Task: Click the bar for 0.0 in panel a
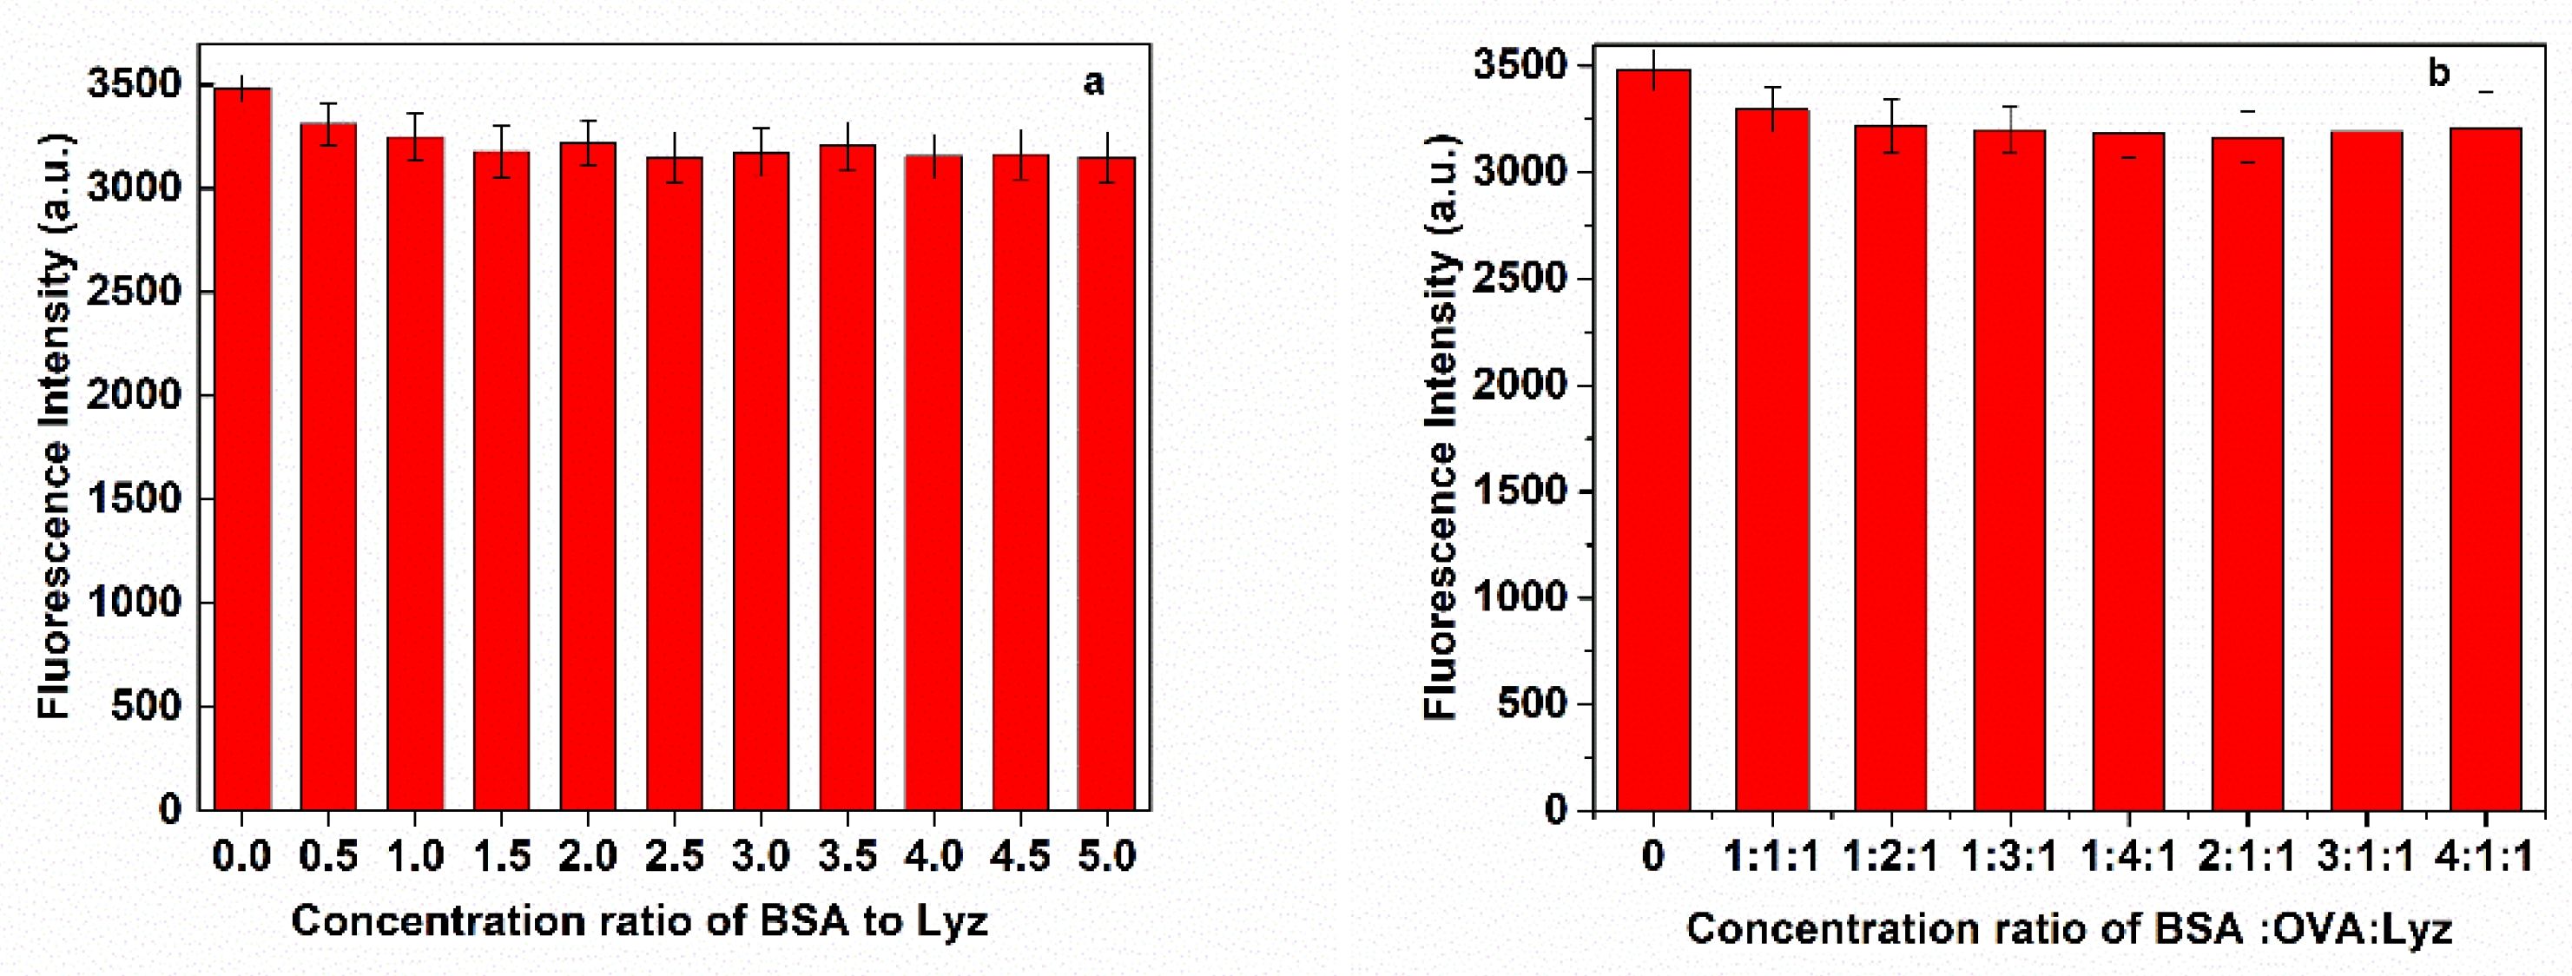(x=242, y=449)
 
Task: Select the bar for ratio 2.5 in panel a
(x=674, y=484)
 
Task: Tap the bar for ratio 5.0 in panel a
(x=1106, y=484)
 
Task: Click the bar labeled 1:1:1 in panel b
(x=1772, y=459)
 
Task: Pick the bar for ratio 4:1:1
(x=2485, y=469)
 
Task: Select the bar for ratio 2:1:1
(x=2247, y=474)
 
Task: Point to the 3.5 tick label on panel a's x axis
(x=847, y=855)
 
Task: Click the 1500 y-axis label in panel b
(x=1520, y=491)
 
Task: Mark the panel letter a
(x=1093, y=82)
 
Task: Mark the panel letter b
(x=2438, y=73)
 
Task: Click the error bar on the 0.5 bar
(x=328, y=124)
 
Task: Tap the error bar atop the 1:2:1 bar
(x=1891, y=125)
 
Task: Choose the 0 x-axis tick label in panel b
(x=1652, y=856)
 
